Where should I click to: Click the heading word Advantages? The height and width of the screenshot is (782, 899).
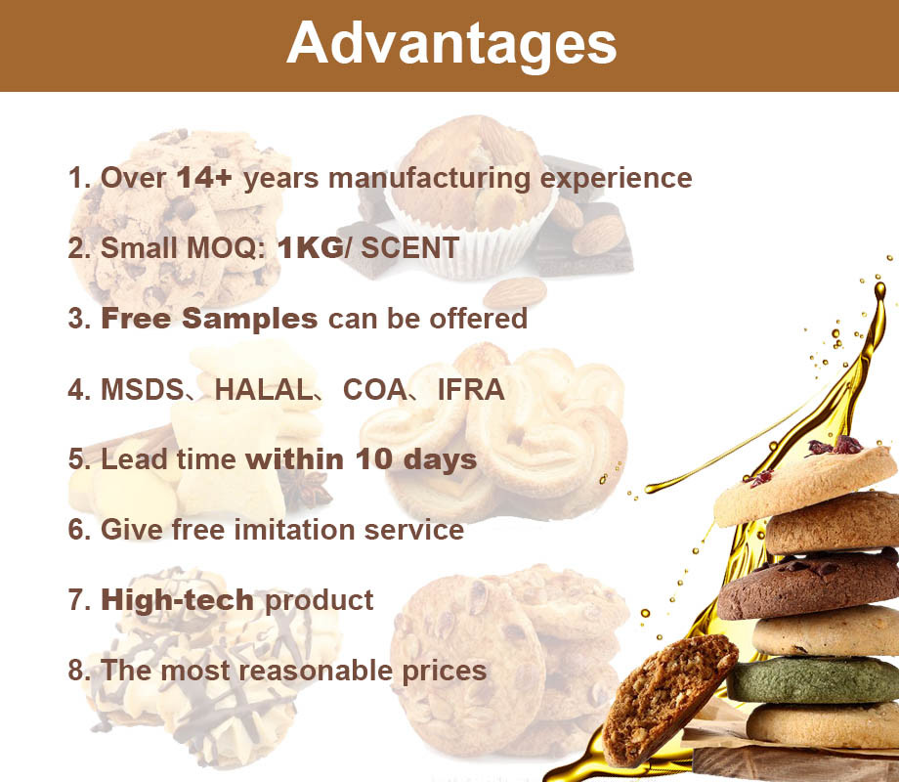coord(451,45)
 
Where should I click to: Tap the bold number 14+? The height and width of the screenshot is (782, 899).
coord(204,177)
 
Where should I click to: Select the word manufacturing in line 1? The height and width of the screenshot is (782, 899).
coord(429,179)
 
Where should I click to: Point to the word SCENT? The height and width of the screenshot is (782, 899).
coord(410,248)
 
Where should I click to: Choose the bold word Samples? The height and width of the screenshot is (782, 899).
coord(249,319)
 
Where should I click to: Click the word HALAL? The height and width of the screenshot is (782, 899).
coord(263,390)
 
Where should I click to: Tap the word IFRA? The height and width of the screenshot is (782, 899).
coord(471,390)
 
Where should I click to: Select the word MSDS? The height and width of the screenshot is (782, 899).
coord(143,390)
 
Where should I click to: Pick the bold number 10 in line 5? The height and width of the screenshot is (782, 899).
coord(374,459)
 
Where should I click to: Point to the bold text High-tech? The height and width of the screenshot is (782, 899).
coord(177,600)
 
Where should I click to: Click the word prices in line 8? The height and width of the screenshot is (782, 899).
coord(445,672)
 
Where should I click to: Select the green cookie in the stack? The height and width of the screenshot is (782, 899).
coord(814,680)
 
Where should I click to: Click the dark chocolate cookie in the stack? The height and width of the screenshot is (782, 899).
coord(808,586)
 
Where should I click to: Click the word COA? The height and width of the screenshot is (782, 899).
coord(374,390)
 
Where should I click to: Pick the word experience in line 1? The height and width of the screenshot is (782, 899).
coord(617,179)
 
